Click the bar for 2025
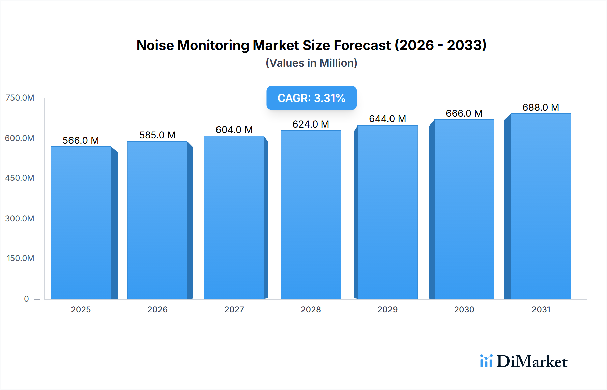(81, 223)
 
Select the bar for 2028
(311, 215)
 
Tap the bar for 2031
(541, 206)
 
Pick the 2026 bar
(157, 220)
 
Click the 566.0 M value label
(81, 140)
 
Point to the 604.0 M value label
(234, 130)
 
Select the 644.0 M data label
(387, 119)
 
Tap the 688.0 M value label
(541, 107)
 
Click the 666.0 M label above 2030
(464, 113)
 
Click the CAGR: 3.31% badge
(311, 98)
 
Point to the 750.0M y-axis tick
(20, 98)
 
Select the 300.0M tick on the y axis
(20, 218)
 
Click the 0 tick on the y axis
(26, 299)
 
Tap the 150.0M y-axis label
(21, 258)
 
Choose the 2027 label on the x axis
(234, 309)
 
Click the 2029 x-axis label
(387, 309)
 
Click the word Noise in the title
(155, 45)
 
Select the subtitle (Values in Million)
(311, 63)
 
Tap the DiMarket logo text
(532, 362)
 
